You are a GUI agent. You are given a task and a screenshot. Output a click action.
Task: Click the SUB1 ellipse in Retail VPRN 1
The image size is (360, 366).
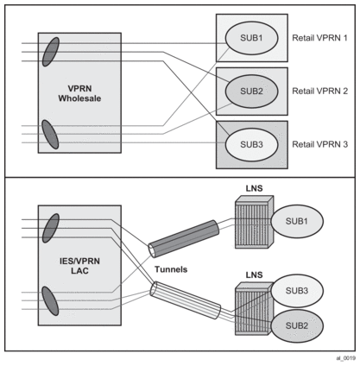pyautogui.click(x=251, y=38)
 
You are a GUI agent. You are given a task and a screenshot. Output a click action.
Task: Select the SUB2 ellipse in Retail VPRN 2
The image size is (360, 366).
pyautogui.click(x=251, y=91)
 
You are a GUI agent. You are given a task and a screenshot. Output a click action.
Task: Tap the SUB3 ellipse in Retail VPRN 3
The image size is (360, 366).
pyautogui.click(x=251, y=144)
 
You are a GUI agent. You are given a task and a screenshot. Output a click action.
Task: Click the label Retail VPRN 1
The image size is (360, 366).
pyautogui.click(x=319, y=38)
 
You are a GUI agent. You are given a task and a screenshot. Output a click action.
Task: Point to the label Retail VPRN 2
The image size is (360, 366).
pyautogui.click(x=319, y=91)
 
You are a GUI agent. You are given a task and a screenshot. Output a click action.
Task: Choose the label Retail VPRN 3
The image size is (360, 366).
pyautogui.click(x=319, y=144)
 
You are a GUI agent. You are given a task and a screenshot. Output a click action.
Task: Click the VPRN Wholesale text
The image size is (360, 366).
pyautogui.click(x=79, y=93)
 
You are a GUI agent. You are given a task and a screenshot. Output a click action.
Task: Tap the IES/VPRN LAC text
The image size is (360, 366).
pyautogui.click(x=79, y=266)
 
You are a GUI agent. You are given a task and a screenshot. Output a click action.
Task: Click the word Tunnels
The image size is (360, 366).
pyautogui.click(x=171, y=269)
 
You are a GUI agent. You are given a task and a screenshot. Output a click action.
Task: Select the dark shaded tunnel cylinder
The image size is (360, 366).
pyautogui.click(x=183, y=238)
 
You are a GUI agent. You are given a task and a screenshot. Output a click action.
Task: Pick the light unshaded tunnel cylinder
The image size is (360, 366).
pyautogui.click(x=186, y=300)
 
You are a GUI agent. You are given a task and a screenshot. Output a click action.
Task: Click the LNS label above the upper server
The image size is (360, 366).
pyautogui.click(x=255, y=188)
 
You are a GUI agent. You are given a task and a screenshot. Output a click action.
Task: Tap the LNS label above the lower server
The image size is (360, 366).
pyautogui.click(x=255, y=274)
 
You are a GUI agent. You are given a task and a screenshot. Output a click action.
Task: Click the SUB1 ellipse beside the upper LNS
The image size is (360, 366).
pyautogui.click(x=297, y=221)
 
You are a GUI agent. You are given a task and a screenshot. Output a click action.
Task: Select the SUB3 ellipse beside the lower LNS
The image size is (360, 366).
pyautogui.click(x=297, y=291)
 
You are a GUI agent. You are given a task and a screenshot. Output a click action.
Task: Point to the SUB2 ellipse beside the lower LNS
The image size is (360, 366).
pyautogui.click(x=297, y=326)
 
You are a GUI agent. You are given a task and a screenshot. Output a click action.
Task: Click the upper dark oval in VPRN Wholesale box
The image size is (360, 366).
pyautogui.click(x=51, y=52)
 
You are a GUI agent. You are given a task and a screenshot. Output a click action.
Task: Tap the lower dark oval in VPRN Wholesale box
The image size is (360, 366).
pyautogui.click(x=50, y=135)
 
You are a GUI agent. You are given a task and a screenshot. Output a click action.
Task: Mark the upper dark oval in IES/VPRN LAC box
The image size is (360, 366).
pyautogui.click(x=51, y=228)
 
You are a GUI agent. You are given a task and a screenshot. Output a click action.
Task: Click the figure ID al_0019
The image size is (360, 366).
pyautogui.click(x=345, y=358)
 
